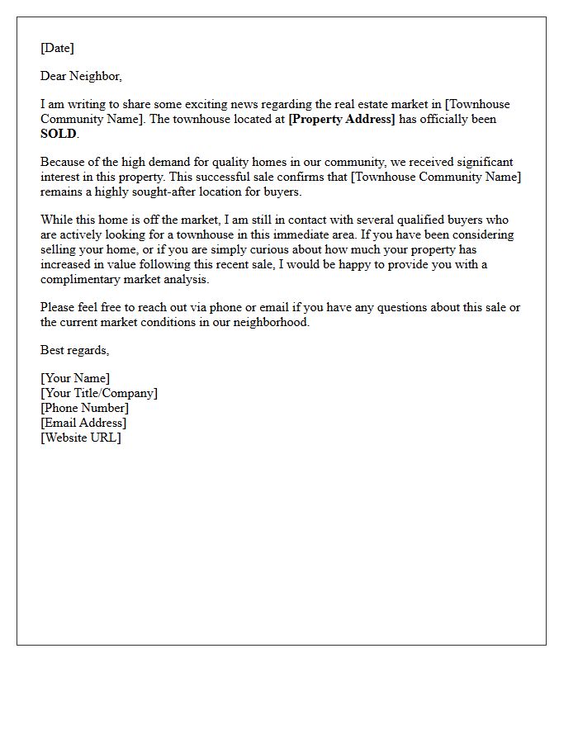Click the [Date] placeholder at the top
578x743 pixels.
click(x=57, y=48)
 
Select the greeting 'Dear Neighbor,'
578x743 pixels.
click(x=81, y=76)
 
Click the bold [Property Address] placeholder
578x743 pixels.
click(x=342, y=120)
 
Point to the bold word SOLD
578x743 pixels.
click(x=58, y=134)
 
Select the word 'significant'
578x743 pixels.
click(x=482, y=163)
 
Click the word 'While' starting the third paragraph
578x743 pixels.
click(x=57, y=220)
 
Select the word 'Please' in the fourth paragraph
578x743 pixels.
click(x=59, y=308)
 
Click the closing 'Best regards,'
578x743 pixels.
click(x=74, y=350)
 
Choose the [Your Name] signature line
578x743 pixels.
click(x=75, y=379)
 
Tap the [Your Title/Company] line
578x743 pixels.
click(x=99, y=394)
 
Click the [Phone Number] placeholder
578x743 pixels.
click(x=84, y=408)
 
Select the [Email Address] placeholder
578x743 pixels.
click(x=83, y=423)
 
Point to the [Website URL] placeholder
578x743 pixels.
click(x=81, y=438)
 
